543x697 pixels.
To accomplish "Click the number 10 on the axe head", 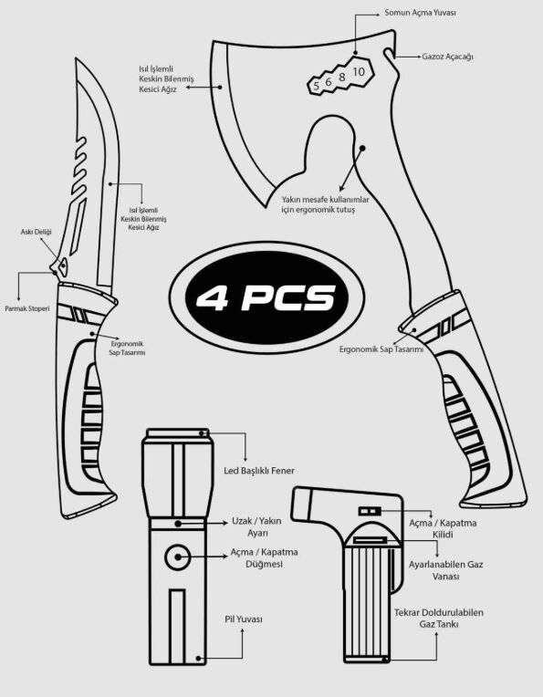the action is coord(359,71).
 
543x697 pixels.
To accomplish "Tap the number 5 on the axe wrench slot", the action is coord(316,86).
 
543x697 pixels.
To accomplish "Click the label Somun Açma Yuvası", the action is coord(420,13).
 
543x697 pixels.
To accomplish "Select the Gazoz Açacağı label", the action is coord(447,57).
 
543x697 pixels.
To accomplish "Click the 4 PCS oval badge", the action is coord(266,296).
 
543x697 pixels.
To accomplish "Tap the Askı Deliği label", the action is coord(36,232).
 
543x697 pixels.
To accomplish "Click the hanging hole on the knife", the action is coord(63,265).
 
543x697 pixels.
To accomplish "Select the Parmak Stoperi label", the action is coord(27,308).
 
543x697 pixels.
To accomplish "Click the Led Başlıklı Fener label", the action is coord(259,471).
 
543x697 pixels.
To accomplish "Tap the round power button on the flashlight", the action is coord(178,557).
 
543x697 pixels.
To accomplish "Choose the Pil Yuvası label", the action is coord(244,619).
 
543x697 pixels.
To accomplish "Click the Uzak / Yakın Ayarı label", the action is coord(256,526).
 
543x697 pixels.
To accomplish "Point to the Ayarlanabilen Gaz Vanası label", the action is coord(445,570).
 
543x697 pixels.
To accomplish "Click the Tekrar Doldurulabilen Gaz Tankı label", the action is coord(438,619).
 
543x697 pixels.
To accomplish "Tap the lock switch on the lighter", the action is coord(369,511).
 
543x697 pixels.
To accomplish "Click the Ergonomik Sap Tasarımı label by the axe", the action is coord(381,349).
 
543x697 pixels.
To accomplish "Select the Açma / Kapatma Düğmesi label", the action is coord(264,557).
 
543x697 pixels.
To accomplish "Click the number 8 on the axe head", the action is coord(341,77).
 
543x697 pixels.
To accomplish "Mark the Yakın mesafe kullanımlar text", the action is coord(325,200).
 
